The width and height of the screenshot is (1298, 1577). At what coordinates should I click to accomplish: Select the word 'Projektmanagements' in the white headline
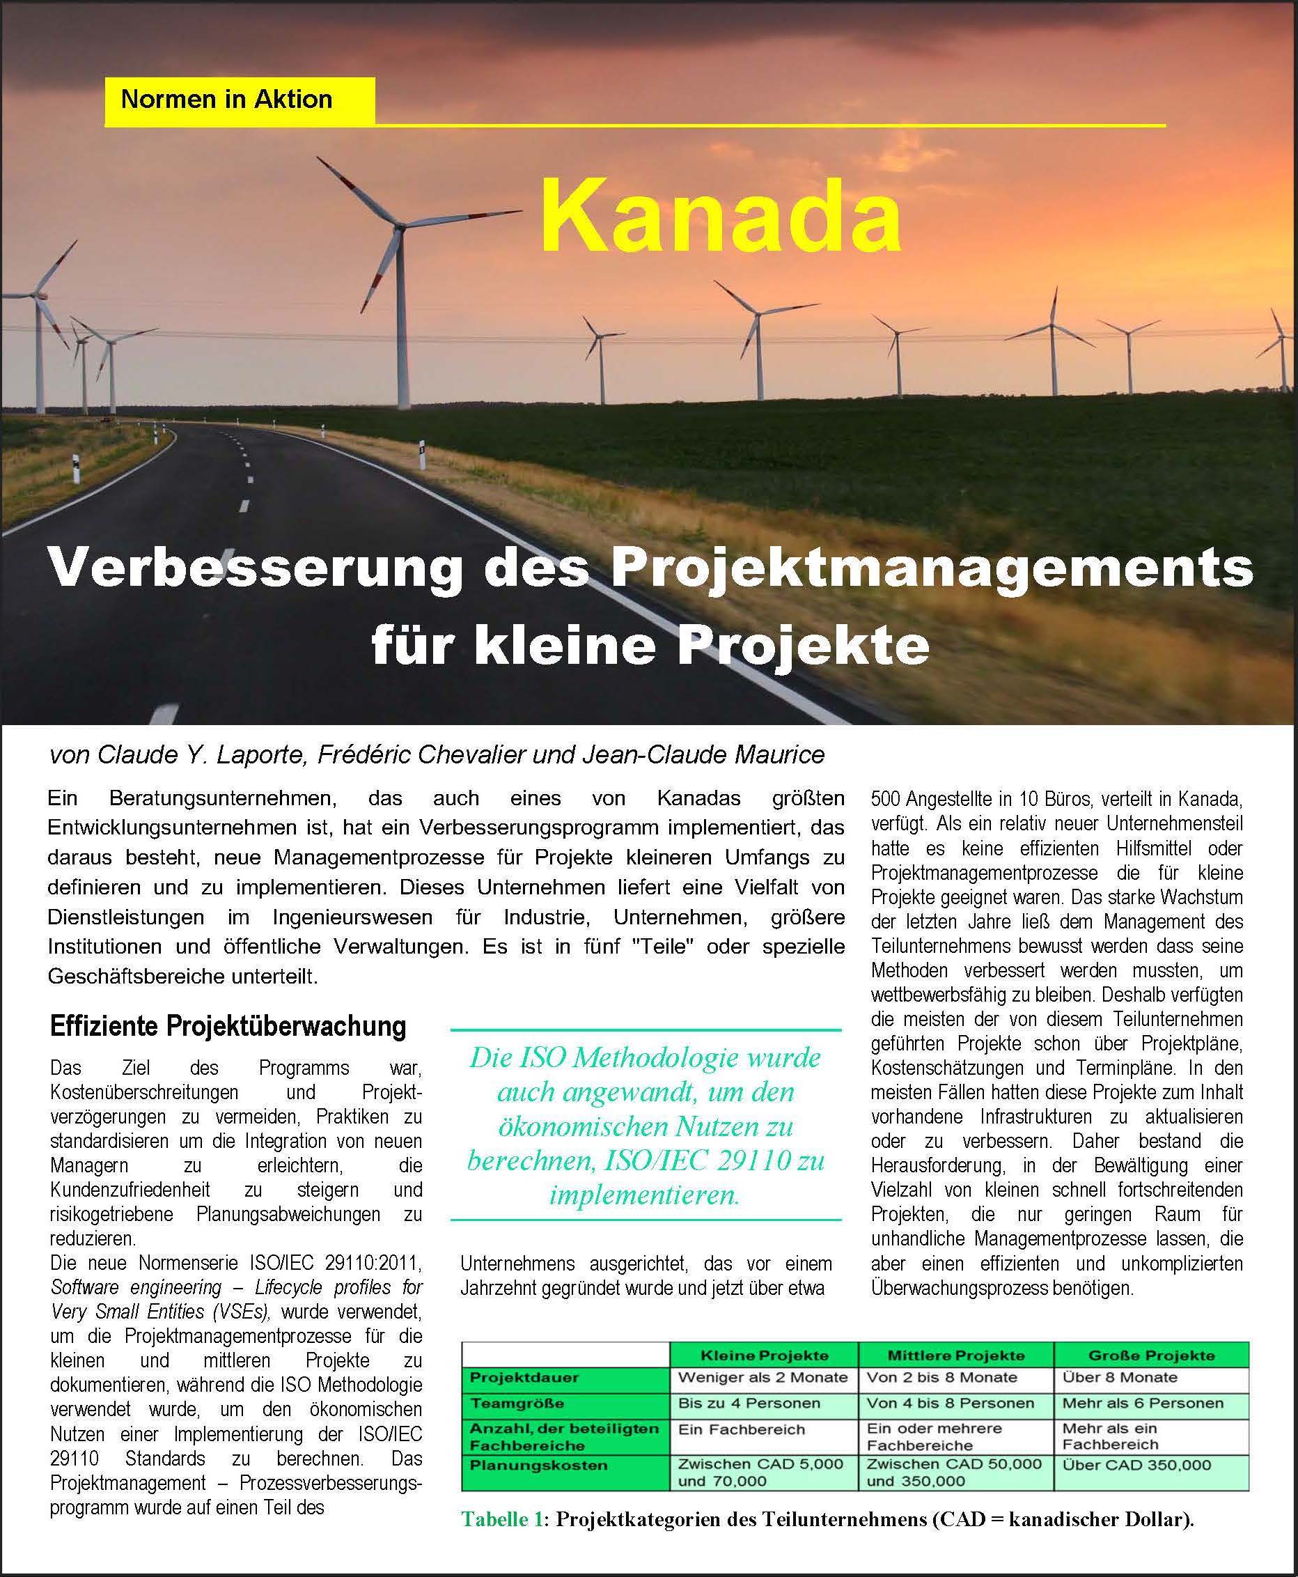click(932, 570)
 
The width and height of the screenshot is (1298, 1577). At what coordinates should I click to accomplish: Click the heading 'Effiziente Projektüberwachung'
click(228, 1026)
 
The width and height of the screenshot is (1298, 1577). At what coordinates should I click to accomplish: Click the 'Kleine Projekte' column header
click(763, 1355)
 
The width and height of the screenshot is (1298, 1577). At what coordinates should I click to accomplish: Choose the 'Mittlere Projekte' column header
click(955, 1355)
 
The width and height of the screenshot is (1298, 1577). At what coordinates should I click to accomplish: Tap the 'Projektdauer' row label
click(524, 1376)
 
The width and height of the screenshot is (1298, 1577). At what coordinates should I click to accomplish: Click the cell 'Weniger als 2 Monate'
click(763, 1376)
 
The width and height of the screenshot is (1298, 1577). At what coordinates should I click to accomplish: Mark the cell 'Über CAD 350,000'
click(1136, 1464)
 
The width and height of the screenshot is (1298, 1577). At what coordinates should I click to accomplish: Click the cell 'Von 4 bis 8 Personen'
click(951, 1403)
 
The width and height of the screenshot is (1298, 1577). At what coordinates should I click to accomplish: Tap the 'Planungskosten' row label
click(529, 1464)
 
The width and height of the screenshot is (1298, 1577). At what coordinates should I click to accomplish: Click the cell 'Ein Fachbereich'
click(741, 1429)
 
